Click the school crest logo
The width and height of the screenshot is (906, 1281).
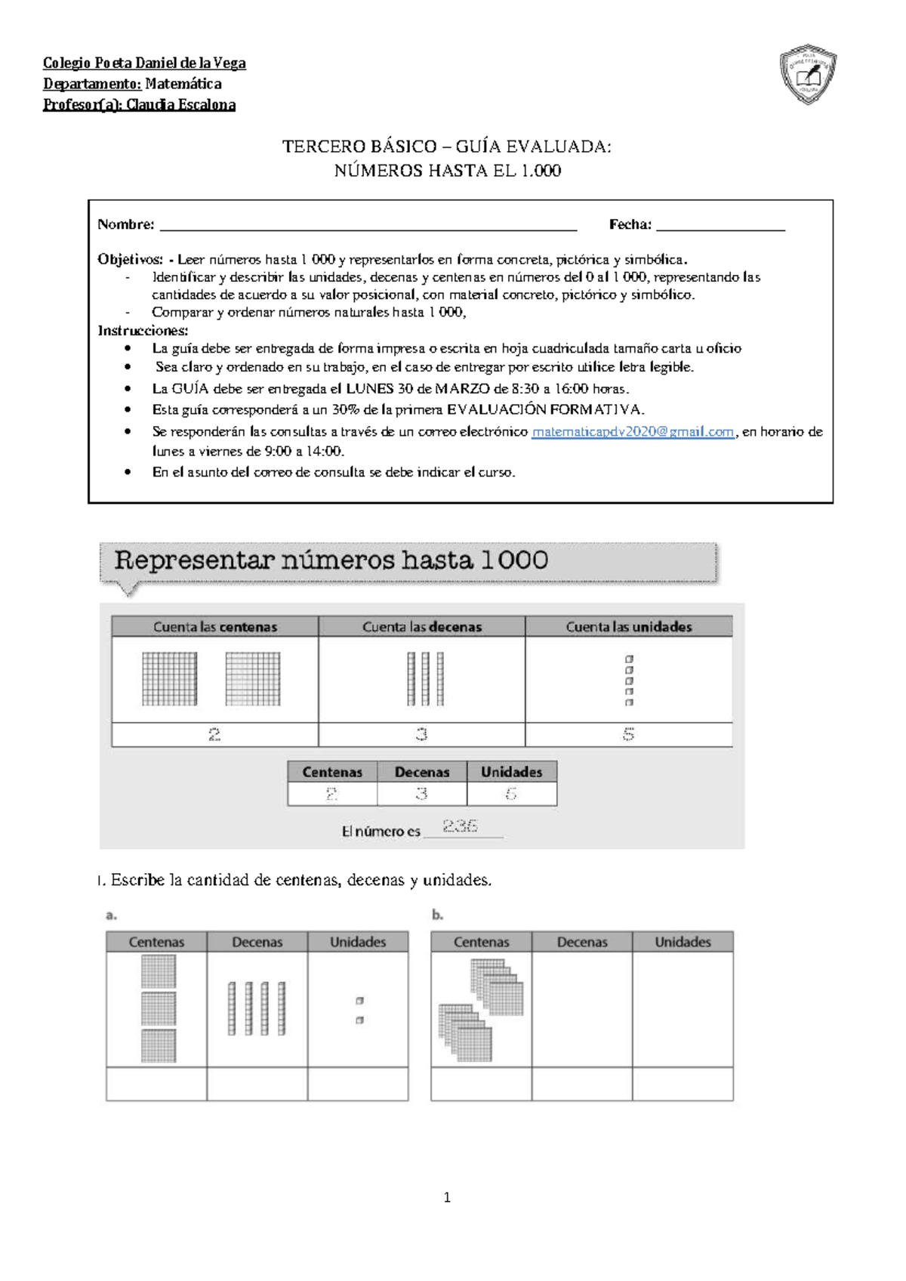808,74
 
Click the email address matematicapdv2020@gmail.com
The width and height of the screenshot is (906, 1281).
633,432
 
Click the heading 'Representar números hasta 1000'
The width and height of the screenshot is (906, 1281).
331,560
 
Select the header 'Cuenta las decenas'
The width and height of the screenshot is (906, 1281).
421,627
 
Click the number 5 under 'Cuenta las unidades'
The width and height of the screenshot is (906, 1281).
628,734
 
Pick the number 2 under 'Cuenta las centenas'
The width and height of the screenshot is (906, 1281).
214,734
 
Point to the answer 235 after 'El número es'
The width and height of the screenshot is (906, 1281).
460,826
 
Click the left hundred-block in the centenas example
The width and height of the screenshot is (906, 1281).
170,679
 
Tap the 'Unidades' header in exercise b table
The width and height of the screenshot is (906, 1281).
683,942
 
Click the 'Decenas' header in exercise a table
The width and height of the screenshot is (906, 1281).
257,942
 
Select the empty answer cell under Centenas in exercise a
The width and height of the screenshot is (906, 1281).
156,1084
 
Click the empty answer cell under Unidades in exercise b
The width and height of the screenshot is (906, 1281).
683,1084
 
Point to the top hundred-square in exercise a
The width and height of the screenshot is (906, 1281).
159,971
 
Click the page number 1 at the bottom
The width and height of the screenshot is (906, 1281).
447,1197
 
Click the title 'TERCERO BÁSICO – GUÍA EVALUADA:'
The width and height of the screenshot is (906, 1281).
447,147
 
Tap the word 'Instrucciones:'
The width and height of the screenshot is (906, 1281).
143,331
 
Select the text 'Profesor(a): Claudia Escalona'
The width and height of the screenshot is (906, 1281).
139,105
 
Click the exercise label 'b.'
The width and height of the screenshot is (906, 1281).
437,915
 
